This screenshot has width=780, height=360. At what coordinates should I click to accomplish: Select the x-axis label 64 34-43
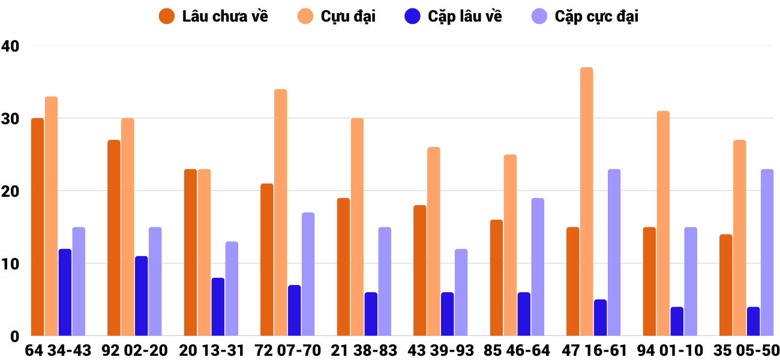coord(58,350)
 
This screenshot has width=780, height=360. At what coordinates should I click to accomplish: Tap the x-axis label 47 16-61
coord(593,350)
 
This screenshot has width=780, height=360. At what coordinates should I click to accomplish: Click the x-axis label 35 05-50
coord(746,350)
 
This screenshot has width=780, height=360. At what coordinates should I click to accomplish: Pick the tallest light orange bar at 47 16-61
coord(586,201)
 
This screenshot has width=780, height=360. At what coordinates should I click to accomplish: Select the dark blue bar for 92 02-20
coord(141,296)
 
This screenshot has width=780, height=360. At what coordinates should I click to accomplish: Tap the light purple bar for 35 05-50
coord(767,252)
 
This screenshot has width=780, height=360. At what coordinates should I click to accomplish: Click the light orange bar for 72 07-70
coord(280,212)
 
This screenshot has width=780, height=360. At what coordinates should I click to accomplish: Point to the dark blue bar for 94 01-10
coord(677,321)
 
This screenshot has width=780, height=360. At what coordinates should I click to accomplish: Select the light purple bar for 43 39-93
coord(461,292)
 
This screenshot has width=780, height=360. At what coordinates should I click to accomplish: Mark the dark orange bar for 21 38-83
coord(343,266)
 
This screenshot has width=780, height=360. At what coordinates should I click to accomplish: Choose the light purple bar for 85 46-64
coord(538,266)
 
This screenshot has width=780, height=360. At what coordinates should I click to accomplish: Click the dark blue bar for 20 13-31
coord(218,307)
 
